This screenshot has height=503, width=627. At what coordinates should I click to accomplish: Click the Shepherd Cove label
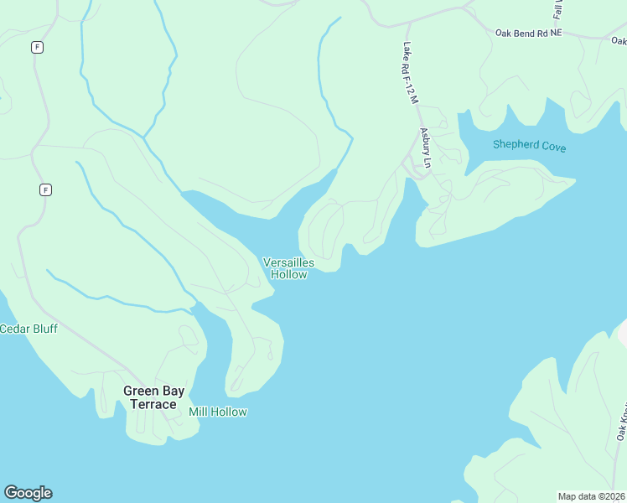(x=529, y=146)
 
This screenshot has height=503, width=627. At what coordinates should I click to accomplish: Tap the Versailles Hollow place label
(x=288, y=268)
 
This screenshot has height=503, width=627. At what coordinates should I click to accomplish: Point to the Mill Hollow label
(x=218, y=412)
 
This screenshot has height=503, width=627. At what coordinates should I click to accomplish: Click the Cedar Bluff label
(x=28, y=329)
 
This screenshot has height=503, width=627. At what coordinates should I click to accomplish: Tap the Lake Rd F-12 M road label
(x=410, y=73)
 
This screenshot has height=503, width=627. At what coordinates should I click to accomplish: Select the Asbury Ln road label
(x=426, y=148)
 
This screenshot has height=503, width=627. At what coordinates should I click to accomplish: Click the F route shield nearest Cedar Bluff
(x=45, y=189)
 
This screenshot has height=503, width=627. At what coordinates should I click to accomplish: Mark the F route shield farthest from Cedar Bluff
(x=37, y=47)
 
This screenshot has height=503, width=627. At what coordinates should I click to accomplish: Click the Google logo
(x=28, y=493)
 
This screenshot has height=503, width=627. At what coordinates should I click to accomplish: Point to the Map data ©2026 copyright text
(x=592, y=496)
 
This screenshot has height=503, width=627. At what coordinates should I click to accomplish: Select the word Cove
(x=553, y=147)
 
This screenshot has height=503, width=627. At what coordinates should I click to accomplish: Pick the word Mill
(x=199, y=412)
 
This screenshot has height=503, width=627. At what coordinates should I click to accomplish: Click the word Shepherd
(x=515, y=145)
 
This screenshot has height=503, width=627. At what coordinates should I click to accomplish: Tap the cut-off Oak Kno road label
(x=622, y=423)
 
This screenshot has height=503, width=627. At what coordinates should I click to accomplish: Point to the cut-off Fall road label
(x=558, y=10)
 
